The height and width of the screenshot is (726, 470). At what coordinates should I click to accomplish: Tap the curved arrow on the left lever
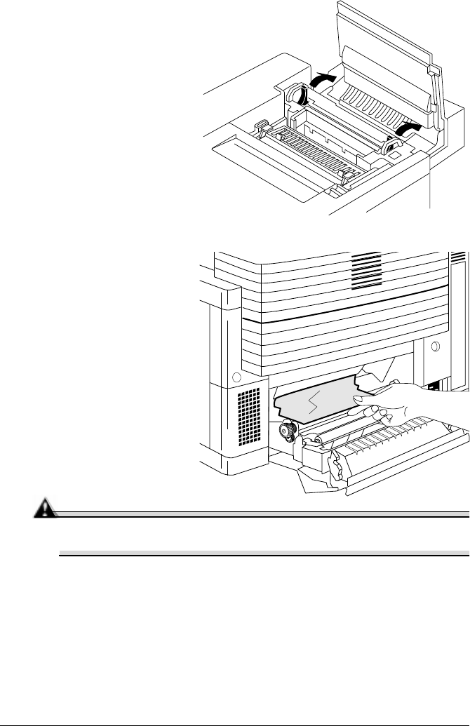301,97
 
